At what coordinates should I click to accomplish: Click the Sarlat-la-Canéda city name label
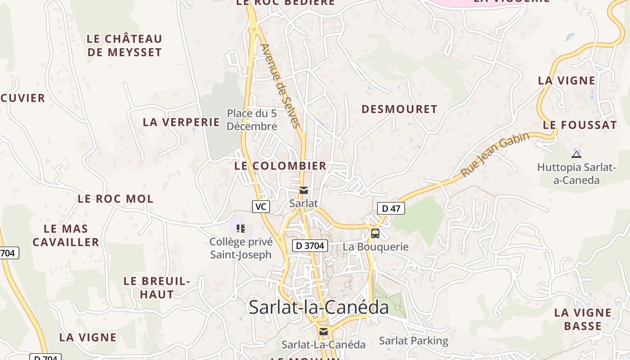tap(319, 307)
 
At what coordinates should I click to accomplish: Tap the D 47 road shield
tap(391, 208)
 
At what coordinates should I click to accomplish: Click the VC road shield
tap(261, 207)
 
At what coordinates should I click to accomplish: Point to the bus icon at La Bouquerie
tap(375, 234)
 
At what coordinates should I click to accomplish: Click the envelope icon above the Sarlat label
tap(304, 190)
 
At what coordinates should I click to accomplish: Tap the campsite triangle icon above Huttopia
tap(576, 154)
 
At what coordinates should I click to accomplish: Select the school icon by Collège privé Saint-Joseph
tap(241, 229)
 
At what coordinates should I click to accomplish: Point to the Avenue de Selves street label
tap(280, 85)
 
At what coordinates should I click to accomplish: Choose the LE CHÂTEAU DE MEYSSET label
tap(124, 45)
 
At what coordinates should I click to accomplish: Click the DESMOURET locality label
tap(399, 109)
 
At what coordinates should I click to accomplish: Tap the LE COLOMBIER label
tap(280, 166)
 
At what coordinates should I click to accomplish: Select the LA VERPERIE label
tap(181, 122)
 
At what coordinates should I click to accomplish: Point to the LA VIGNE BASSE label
tap(583, 319)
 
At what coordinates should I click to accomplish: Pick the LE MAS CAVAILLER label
tap(66, 235)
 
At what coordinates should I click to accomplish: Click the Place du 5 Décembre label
tap(252, 120)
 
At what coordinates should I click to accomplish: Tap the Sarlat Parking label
tap(414, 341)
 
